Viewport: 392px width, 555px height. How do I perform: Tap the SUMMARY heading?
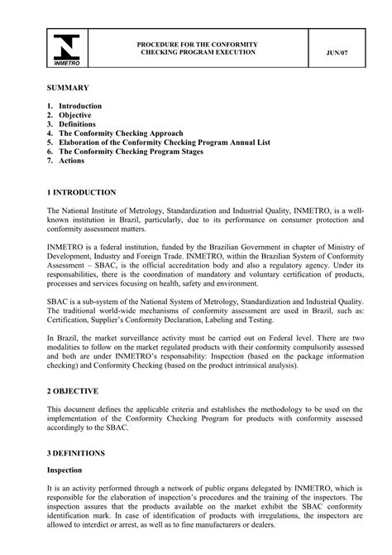click(x=67, y=87)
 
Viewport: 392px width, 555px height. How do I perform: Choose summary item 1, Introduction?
click(x=79, y=106)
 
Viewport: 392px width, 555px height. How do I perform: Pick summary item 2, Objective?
click(x=74, y=115)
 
